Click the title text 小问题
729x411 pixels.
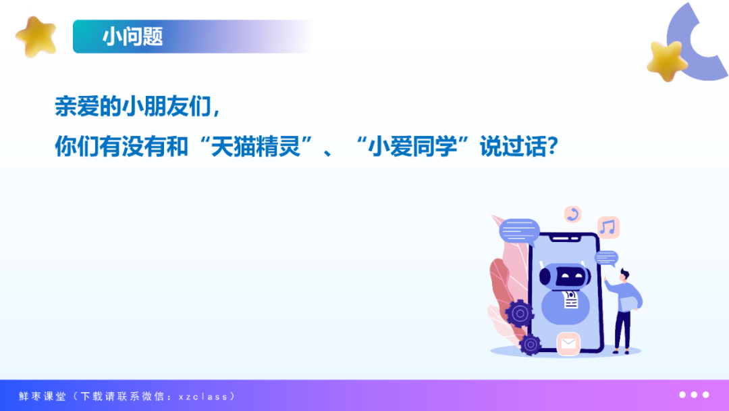pyautogui.click(x=132, y=37)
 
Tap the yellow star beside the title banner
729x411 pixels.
pyautogui.click(x=36, y=37)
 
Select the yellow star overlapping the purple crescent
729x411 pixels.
pyautogui.click(x=667, y=61)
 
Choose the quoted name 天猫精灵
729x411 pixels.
pyautogui.click(x=255, y=147)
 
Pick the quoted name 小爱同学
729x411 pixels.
pyautogui.click(x=412, y=147)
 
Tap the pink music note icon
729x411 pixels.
pyautogui.click(x=608, y=227)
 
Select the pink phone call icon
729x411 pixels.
pyautogui.click(x=573, y=214)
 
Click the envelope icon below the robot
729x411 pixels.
pyautogui.click(x=568, y=343)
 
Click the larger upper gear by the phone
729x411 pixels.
pyautogui.click(x=519, y=313)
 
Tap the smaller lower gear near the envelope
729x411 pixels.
pyautogui.click(x=531, y=345)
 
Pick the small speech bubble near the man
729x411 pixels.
pyautogui.click(x=606, y=258)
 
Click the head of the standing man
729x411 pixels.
pyautogui.click(x=625, y=275)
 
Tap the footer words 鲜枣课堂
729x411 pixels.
pyautogui.click(x=43, y=396)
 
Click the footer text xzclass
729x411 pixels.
pyautogui.click(x=203, y=397)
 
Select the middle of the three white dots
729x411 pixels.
pyautogui.click(x=694, y=395)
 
